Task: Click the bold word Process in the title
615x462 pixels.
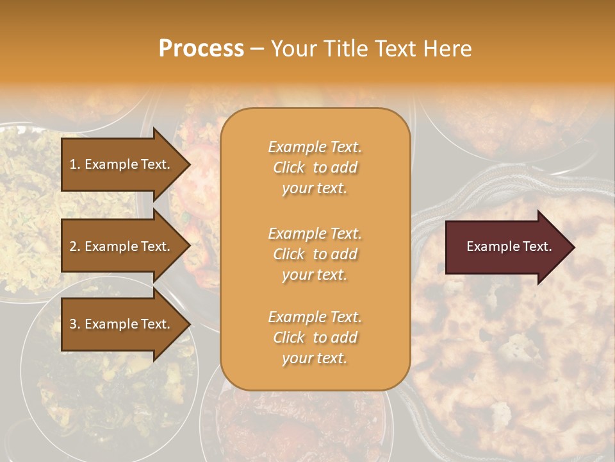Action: [201, 49]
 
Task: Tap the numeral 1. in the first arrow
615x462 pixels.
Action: [74, 164]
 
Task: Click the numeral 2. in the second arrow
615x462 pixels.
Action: [74, 246]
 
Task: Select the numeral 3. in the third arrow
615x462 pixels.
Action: [74, 325]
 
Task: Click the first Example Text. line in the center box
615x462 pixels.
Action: [315, 147]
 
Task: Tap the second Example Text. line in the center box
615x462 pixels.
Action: [315, 234]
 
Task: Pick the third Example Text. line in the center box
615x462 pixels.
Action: [315, 317]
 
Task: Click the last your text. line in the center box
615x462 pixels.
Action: [315, 359]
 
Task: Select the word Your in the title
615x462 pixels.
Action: [295, 49]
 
